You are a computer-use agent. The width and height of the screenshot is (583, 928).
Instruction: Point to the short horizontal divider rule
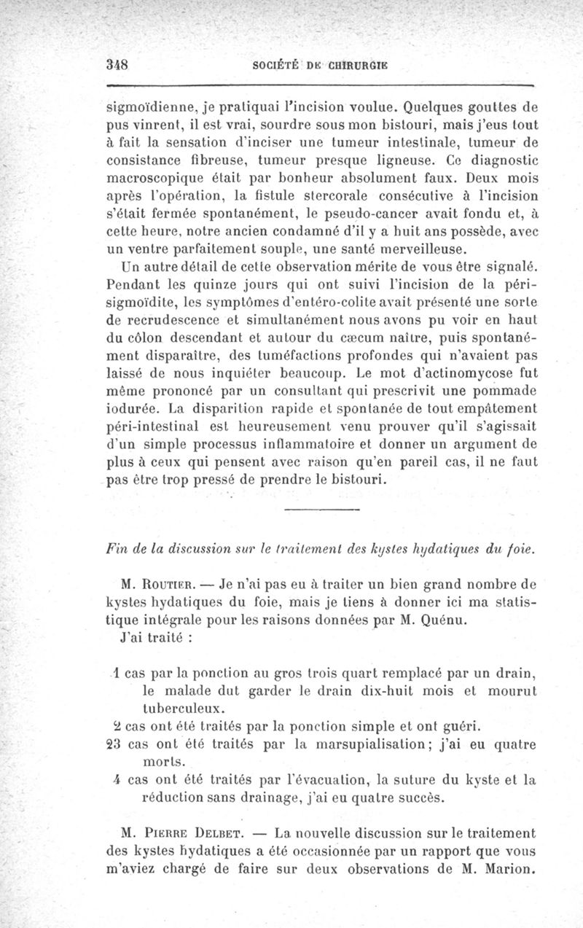[320, 508]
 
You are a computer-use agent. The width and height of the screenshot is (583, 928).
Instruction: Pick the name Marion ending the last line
[509, 869]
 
